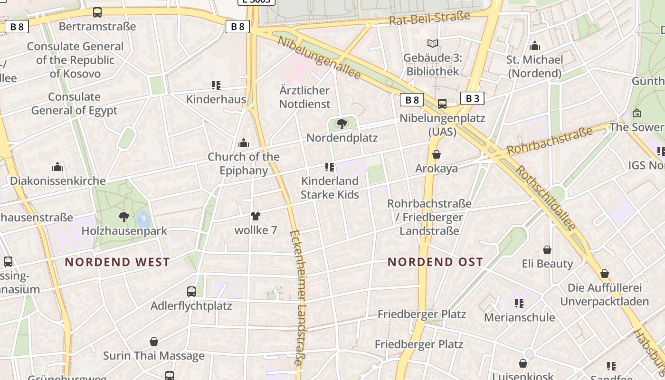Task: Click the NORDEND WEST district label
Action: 117,262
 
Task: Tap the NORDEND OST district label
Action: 435,262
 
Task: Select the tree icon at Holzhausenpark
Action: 124,217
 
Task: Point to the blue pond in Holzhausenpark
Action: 143,219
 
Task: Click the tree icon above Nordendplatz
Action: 342,124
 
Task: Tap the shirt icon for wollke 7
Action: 256,216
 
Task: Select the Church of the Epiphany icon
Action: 244,142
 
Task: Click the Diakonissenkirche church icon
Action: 57,167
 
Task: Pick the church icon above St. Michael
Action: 535,46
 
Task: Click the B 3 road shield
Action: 472,98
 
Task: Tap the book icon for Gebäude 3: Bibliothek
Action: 432,44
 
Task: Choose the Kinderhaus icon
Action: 216,85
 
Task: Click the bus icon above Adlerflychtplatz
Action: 191,291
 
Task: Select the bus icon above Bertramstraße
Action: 97,12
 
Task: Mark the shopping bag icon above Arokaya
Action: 437,154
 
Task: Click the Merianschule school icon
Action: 519,303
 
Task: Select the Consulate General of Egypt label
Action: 74,104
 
